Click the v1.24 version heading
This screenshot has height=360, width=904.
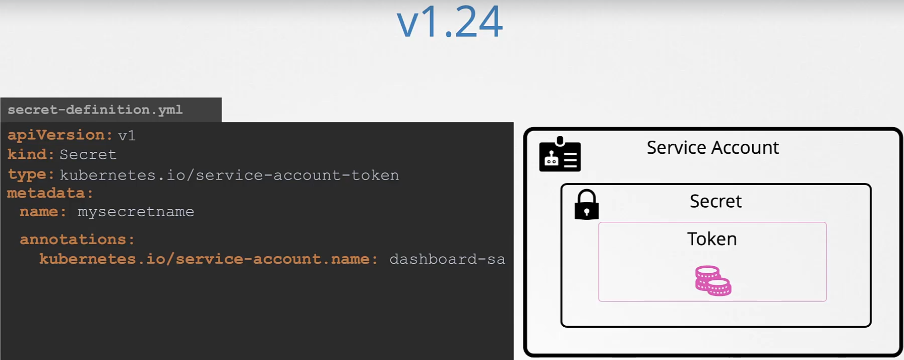(449, 22)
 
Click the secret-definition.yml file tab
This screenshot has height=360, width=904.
(95, 110)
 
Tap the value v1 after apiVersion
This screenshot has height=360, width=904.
(127, 136)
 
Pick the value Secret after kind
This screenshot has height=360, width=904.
(88, 155)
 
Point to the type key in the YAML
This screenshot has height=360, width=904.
(30, 174)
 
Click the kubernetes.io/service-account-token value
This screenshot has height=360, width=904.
(229, 175)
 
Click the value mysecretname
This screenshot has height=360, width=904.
(136, 212)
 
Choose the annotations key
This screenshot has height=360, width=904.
(77, 239)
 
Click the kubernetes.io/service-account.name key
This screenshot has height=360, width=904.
(208, 259)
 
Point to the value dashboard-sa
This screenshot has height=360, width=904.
(447, 259)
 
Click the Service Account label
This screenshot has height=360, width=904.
(712, 148)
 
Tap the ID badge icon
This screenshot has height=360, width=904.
(560, 155)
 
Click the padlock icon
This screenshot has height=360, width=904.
(586, 205)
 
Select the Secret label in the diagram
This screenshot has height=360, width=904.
(715, 202)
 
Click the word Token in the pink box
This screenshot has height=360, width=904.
(712, 239)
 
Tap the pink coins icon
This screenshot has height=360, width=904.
(713, 281)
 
